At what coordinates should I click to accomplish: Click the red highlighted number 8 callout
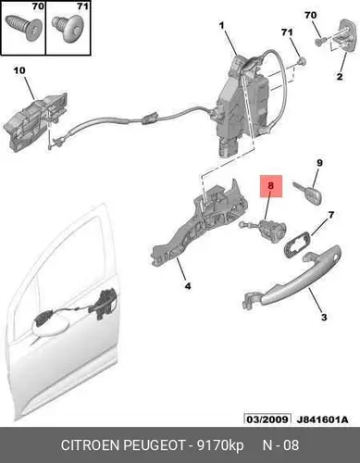coord(271,186)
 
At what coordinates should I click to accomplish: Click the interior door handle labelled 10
coord(35,121)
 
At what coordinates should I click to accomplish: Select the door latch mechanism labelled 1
coord(242,105)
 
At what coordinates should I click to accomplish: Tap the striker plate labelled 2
coord(343,37)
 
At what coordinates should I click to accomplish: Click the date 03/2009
coord(267,419)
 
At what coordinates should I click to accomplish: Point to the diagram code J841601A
coord(323,419)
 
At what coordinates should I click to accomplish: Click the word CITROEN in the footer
coord(91,445)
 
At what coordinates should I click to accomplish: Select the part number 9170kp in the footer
coord(220,445)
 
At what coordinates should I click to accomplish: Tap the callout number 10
coord(19,70)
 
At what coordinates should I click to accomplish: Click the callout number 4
coord(188,286)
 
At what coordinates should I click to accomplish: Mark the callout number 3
coord(324,317)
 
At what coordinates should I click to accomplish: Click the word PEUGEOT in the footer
coord(154,445)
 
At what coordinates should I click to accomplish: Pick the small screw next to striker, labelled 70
coord(320,42)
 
